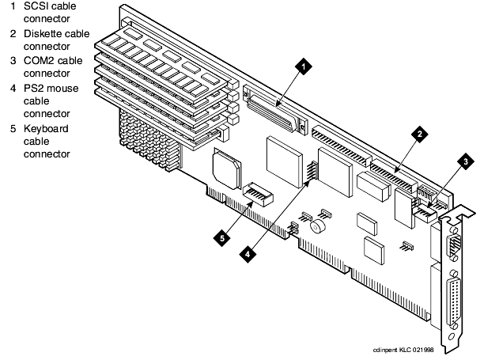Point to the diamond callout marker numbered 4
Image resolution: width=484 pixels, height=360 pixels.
coord(248,255)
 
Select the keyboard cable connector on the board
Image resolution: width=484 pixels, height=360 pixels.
coord(255,194)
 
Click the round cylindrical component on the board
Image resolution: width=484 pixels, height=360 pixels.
coord(319,228)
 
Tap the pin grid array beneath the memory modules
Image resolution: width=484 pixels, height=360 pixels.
coord(146,135)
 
